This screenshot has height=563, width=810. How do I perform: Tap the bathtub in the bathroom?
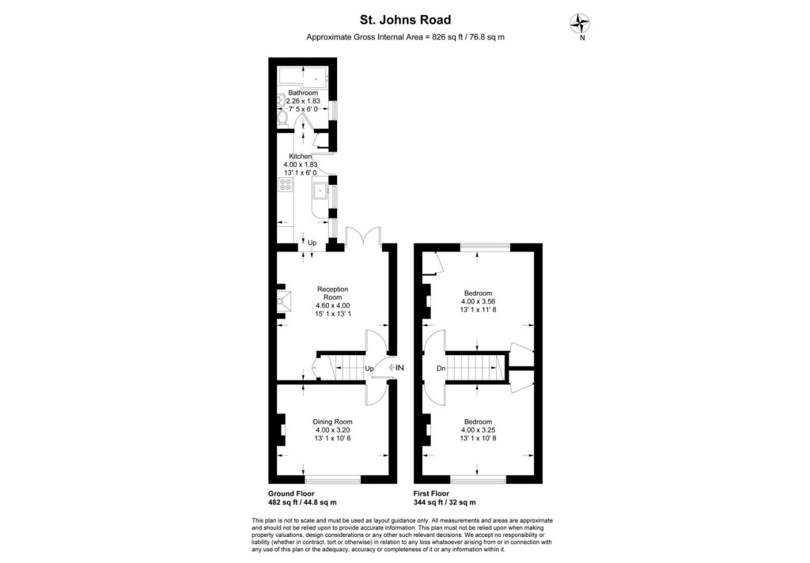click(x=304, y=77)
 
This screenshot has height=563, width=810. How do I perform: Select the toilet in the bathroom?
click(x=283, y=117)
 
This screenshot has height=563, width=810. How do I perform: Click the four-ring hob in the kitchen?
click(x=285, y=187)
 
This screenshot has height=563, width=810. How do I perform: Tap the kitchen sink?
click(x=320, y=190)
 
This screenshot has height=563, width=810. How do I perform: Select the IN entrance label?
click(x=399, y=367)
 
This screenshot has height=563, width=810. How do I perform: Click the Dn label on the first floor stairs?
click(x=441, y=368)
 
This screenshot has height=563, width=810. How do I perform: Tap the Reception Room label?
click(x=332, y=293)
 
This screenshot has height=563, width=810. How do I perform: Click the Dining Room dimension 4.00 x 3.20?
click(x=332, y=430)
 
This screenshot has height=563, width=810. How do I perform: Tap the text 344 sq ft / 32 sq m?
click(x=445, y=502)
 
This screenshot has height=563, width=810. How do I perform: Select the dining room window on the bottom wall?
click(x=332, y=478)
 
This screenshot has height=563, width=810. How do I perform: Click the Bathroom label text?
click(x=303, y=93)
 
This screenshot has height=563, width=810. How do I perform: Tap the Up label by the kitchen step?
click(x=312, y=242)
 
